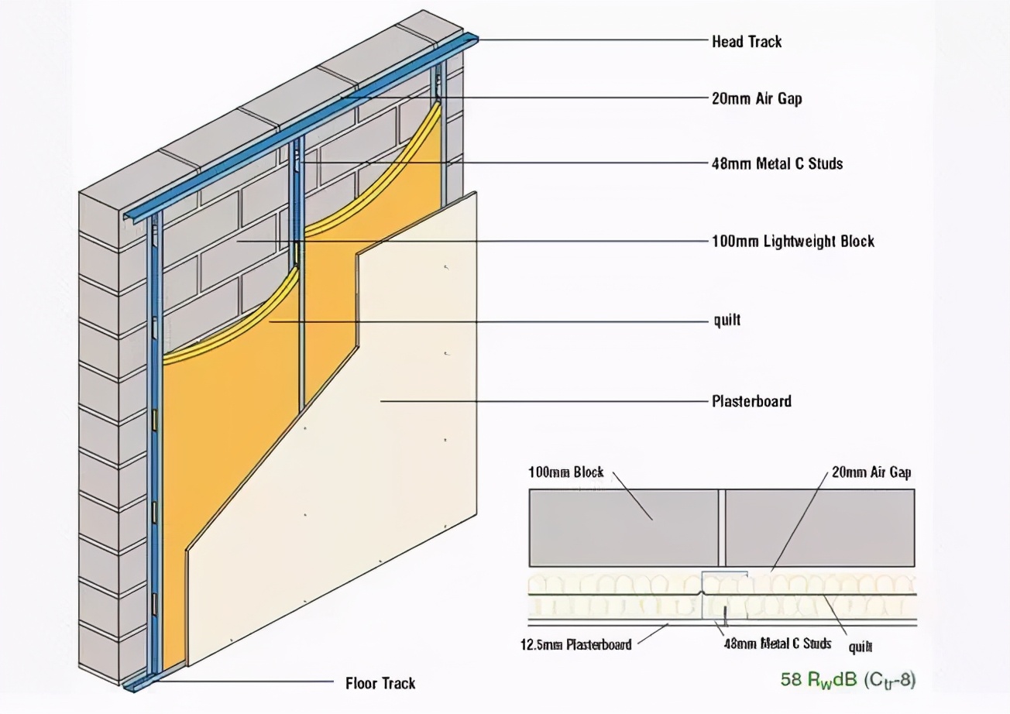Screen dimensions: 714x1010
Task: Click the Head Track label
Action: coord(747,42)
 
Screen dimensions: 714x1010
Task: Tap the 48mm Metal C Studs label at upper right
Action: coord(777,163)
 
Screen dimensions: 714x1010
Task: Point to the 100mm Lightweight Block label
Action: coord(792,241)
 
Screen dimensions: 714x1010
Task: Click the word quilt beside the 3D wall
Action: coord(727,320)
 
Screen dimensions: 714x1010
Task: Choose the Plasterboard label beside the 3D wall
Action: coord(751,401)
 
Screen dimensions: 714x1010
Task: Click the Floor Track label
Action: coord(380,683)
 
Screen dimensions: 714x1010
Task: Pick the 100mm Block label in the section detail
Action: coord(565,472)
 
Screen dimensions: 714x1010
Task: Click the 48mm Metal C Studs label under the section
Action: coord(777,644)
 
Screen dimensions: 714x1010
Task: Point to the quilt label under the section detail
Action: coord(861,647)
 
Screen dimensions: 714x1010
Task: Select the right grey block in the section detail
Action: coord(819,527)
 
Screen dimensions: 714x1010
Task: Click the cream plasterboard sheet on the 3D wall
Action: coord(387,465)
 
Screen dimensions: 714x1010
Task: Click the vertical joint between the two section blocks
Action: coord(720,527)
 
